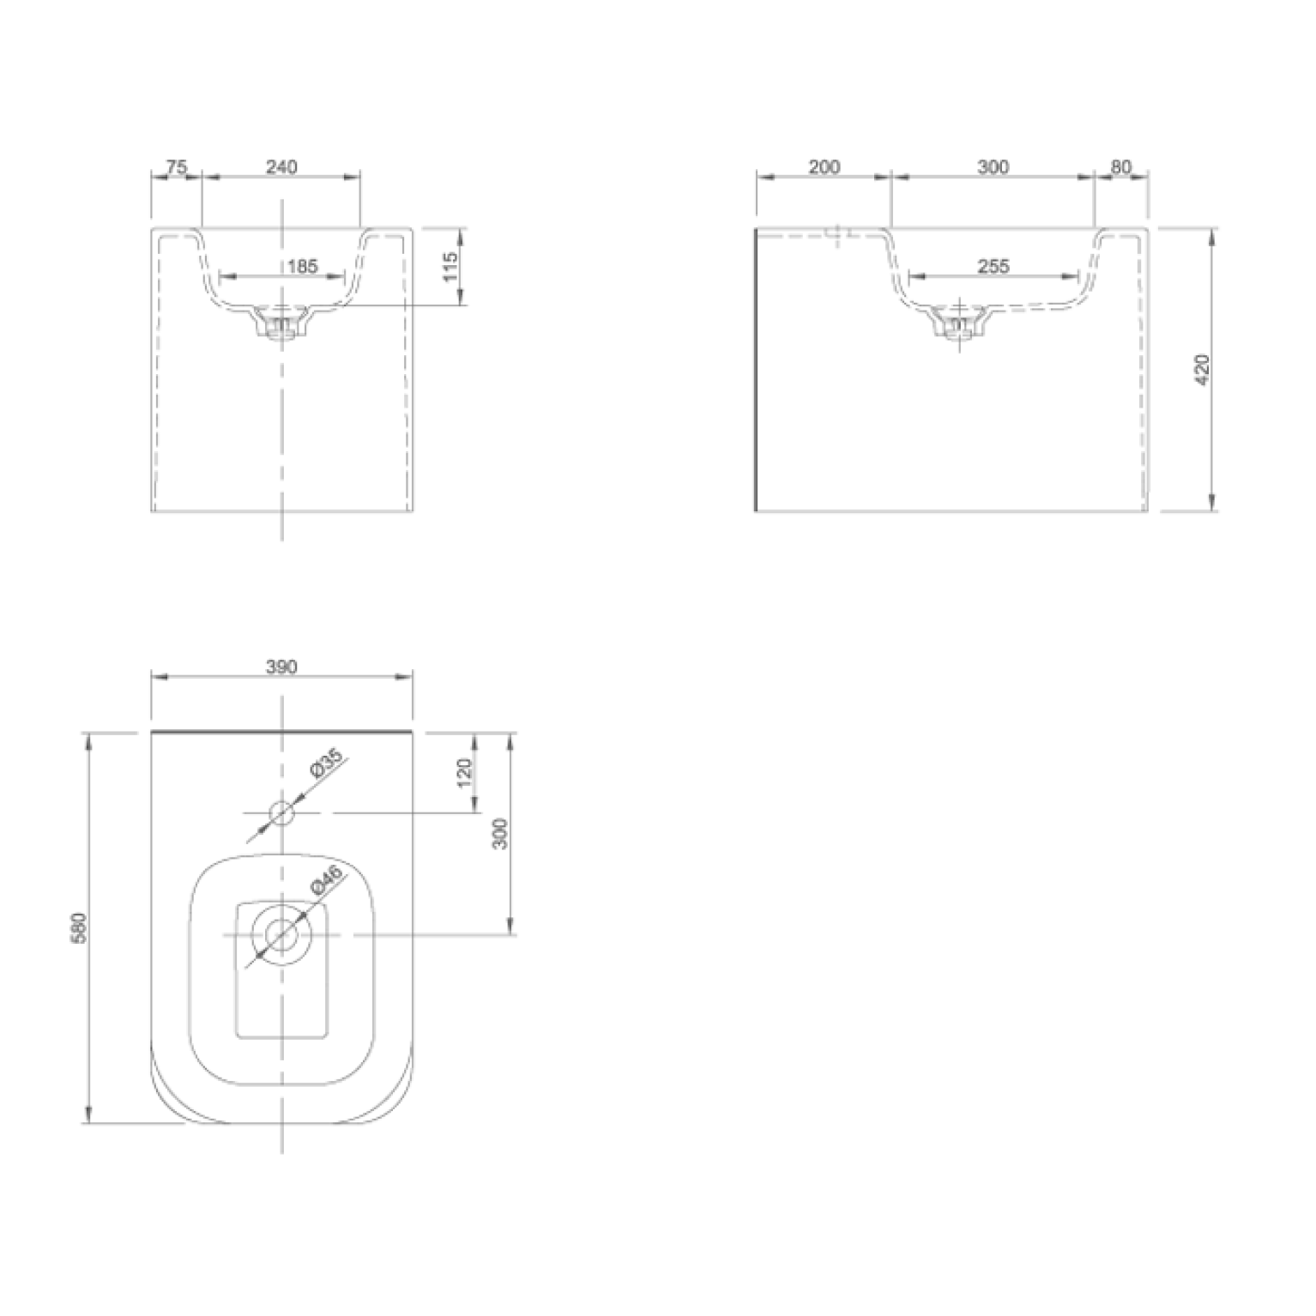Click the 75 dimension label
(176, 167)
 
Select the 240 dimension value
(281, 167)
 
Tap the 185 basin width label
(302, 266)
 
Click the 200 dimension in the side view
(824, 167)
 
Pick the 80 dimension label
(1121, 167)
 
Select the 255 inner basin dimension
(993, 266)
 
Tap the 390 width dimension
(281, 667)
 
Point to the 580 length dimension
(82, 928)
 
